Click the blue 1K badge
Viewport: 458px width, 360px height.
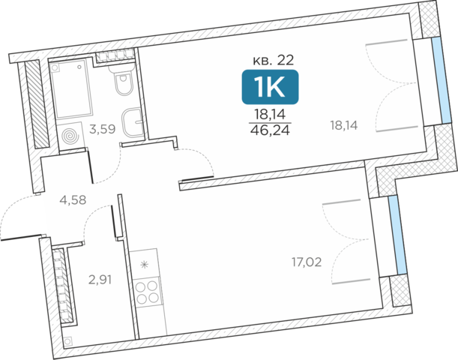[x=270, y=87]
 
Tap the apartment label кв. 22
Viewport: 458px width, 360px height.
[x=273, y=60]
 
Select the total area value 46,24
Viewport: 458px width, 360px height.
[x=270, y=130]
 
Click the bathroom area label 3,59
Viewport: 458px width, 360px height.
[x=103, y=129]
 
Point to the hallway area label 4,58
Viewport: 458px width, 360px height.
[x=73, y=200]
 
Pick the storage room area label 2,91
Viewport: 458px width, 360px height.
[x=100, y=280]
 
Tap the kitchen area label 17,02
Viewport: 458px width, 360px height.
[x=307, y=262]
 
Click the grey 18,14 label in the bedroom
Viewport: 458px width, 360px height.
[x=344, y=126]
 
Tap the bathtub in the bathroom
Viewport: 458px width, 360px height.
[x=71, y=89]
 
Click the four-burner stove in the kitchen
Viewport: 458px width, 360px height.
[x=148, y=292]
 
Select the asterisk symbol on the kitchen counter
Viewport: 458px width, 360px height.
[x=145, y=265]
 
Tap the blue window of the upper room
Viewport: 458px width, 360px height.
[x=442, y=81]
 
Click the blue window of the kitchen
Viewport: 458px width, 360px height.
[x=397, y=235]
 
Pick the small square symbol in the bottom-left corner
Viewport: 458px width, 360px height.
[x=67, y=341]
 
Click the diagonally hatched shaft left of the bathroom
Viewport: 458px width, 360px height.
[x=37, y=104]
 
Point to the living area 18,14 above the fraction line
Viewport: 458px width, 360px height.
[x=270, y=114]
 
